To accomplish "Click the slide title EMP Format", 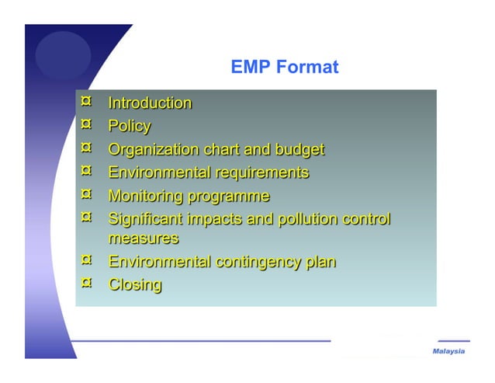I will (x=284, y=68).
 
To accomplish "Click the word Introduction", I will (x=150, y=103).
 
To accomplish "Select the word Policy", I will (x=129, y=127).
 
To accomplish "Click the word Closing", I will (x=135, y=285).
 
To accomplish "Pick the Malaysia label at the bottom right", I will (x=448, y=352).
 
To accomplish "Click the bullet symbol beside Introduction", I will (x=87, y=101).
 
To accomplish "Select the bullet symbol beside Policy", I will (x=87, y=124).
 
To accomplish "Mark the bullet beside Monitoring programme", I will (x=87, y=193).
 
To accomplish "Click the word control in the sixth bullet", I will (x=366, y=219).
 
